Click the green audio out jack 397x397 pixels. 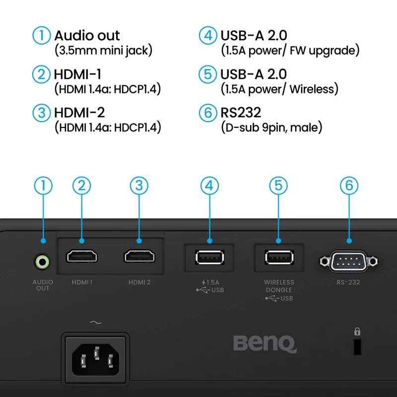(x=43, y=261)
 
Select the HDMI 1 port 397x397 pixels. (x=82, y=257)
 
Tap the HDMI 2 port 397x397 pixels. (x=139, y=257)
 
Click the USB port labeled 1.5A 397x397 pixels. (x=209, y=257)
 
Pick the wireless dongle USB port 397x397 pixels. (x=279, y=257)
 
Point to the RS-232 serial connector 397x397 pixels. (x=349, y=260)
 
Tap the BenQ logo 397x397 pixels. (x=265, y=343)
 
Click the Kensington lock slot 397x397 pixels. (x=357, y=348)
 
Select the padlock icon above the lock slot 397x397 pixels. (x=357, y=331)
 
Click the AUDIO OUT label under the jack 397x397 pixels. (x=43, y=285)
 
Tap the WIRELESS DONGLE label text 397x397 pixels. (x=279, y=286)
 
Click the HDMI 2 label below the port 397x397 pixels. (x=139, y=282)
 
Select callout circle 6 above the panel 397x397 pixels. (x=349, y=186)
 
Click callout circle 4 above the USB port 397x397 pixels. (x=209, y=186)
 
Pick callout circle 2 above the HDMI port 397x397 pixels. (x=82, y=186)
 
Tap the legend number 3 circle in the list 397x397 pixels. (x=42, y=112)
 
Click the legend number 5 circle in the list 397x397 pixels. (x=208, y=74)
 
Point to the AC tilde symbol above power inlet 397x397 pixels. (x=95, y=323)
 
